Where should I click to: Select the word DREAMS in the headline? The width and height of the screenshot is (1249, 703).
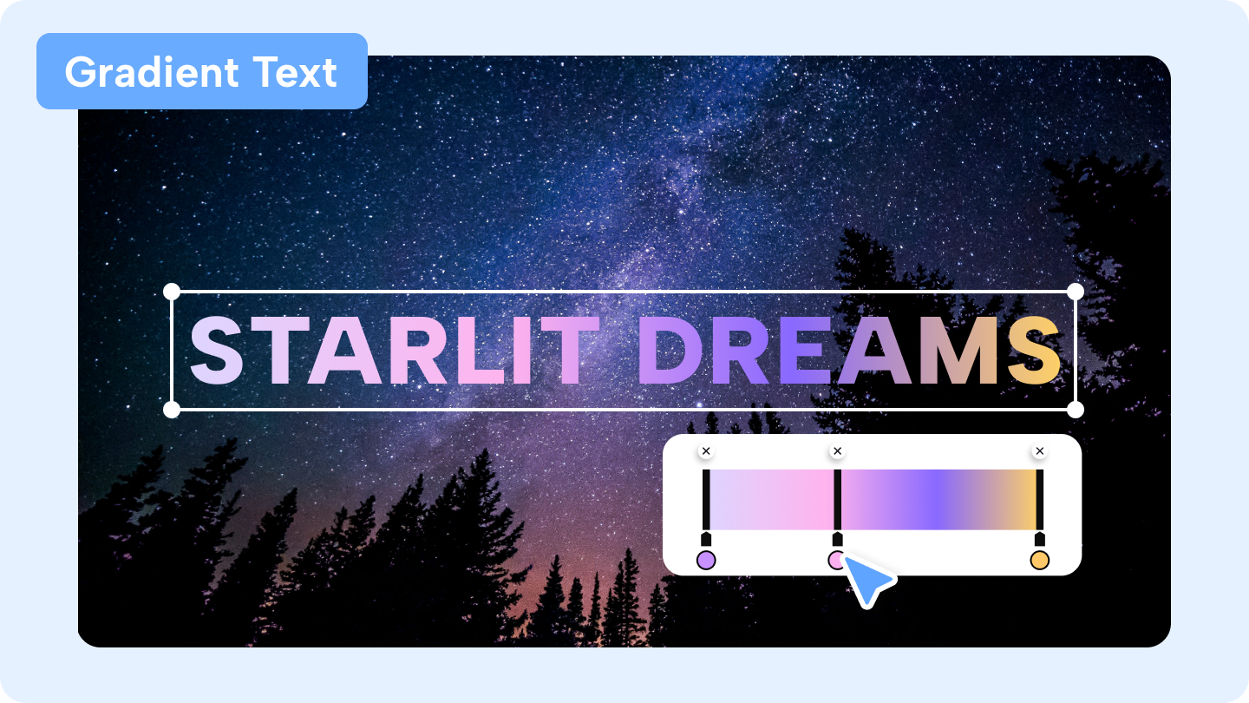pyautogui.click(x=855, y=351)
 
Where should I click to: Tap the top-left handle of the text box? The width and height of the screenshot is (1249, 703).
pyautogui.click(x=172, y=291)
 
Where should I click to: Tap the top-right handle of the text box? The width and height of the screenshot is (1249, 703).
pyautogui.click(x=1076, y=291)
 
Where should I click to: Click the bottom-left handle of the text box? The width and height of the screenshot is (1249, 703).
pyautogui.click(x=172, y=409)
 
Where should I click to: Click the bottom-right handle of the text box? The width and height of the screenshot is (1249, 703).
pyautogui.click(x=1076, y=409)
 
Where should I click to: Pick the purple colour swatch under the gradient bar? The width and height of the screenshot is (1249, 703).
pyautogui.click(x=706, y=561)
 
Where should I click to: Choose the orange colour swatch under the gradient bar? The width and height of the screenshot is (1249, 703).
pyautogui.click(x=1039, y=561)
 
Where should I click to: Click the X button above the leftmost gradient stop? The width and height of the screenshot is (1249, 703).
pyautogui.click(x=706, y=451)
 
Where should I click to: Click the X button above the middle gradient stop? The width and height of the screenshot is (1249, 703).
pyautogui.click(x=837, y=451)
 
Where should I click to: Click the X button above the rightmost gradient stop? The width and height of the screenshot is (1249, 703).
pyautogui.click(x=1040, y=451)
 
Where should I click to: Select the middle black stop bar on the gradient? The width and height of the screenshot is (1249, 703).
pyautogui.click(x=838, y=500)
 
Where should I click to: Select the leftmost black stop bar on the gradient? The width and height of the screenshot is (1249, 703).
pyautogui.click(x=706, y=500)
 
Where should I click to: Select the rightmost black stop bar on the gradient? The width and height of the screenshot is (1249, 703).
pyautogui.click(x=1040, y=500)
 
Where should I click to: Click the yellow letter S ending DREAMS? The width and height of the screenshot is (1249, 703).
pyautogui.click(x=1035, y=351)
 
